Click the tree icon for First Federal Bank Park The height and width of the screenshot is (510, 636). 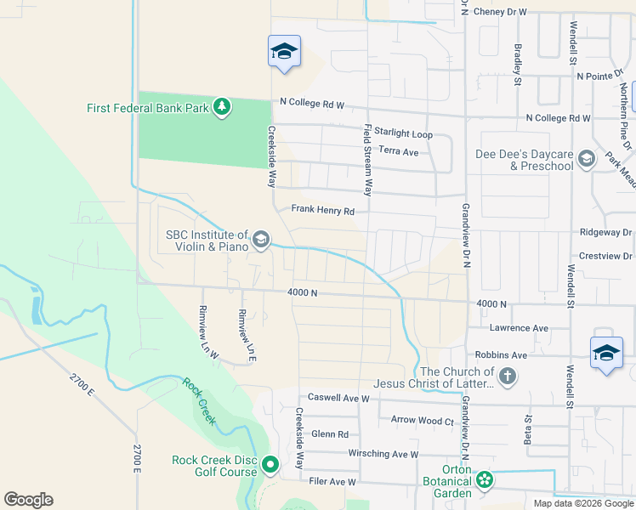222,107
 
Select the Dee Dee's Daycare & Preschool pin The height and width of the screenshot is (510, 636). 586,159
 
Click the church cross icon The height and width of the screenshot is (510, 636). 507,376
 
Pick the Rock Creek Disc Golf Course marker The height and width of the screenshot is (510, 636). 270,464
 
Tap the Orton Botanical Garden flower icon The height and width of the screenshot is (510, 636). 485,480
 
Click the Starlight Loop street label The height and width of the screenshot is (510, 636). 404,134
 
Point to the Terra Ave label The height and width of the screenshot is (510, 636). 399,151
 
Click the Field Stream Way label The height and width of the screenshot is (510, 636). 368,160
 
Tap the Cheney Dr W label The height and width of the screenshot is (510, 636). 501,12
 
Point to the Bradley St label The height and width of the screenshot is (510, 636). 517,65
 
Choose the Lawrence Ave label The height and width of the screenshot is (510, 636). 519,327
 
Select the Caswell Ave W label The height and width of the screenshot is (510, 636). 338,397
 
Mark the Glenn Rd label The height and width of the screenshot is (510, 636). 331,433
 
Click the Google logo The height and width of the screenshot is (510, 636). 28,500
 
